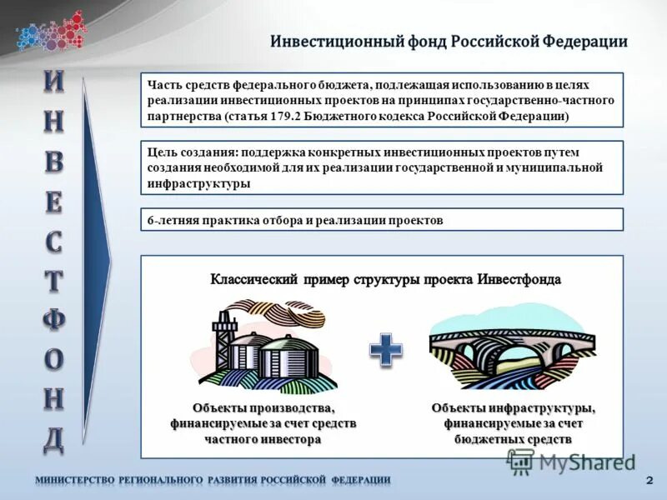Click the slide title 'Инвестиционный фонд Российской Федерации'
click(x=448, y=42)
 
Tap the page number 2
click(x=649, y=481)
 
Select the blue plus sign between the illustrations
click(x=386, y=349)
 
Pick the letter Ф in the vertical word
click(x=53, y=320)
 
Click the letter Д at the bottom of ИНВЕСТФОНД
click(x=53, y=439)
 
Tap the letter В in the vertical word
click(x=53, y=162)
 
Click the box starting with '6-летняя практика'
click(x=382, y=220)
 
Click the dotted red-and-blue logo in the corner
click(x=50, y=32)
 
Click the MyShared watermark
click(x=571, y=462)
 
